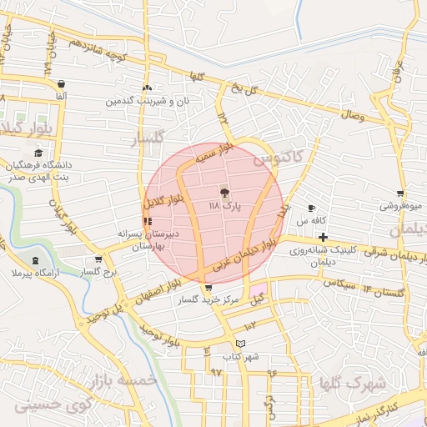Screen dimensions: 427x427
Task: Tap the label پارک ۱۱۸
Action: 224,204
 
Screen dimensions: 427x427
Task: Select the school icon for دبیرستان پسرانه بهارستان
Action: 148,221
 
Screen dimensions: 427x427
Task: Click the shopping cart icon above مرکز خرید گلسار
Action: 208,288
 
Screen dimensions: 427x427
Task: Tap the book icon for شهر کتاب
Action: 241,344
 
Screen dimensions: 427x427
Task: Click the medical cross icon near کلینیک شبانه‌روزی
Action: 322,238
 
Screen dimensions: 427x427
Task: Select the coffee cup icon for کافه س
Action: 311,208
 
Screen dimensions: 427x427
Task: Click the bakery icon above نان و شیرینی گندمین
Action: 147,88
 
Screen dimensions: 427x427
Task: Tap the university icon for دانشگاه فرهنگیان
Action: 38,153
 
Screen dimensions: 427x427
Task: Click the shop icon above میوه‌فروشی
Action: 401,193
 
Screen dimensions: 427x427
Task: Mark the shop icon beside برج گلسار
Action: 98,259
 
